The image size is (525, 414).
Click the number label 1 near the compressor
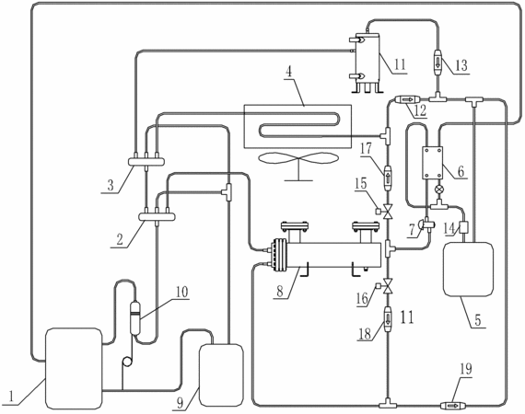tap(11, 397)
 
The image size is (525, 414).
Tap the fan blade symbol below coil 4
tap(298, 159)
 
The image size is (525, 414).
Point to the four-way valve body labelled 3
tap(146, 162)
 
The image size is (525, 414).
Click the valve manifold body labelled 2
tap(157, 217)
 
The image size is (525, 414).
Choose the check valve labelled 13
tap(437, 63)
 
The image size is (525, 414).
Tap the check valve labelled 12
tap(407, 99)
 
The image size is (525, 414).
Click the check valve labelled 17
tap(388, 178)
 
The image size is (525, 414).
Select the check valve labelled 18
tap(388, 318)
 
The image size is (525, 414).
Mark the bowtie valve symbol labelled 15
tap(388, 212)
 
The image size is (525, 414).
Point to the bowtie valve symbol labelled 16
tap(388, 286)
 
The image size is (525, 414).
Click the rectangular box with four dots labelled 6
tap(432, 163)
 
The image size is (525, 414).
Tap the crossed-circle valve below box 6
tap(437, 190)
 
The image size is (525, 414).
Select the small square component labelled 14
tap(463, 228)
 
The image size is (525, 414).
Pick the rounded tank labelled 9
tap(221, 375)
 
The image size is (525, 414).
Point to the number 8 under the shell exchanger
tap(280, 291)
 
